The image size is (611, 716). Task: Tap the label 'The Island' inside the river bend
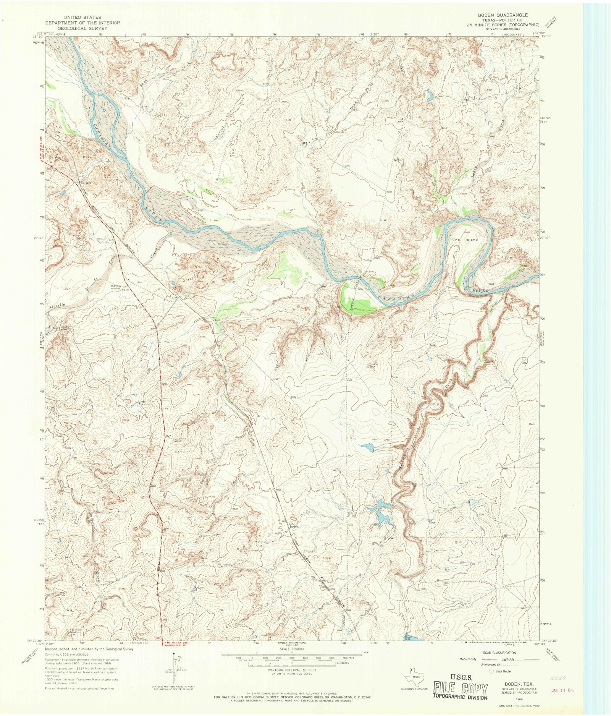[x=465, y=240]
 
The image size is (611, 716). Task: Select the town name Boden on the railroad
[x=294, y=526]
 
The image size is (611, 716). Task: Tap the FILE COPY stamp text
[x=460, y=689]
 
